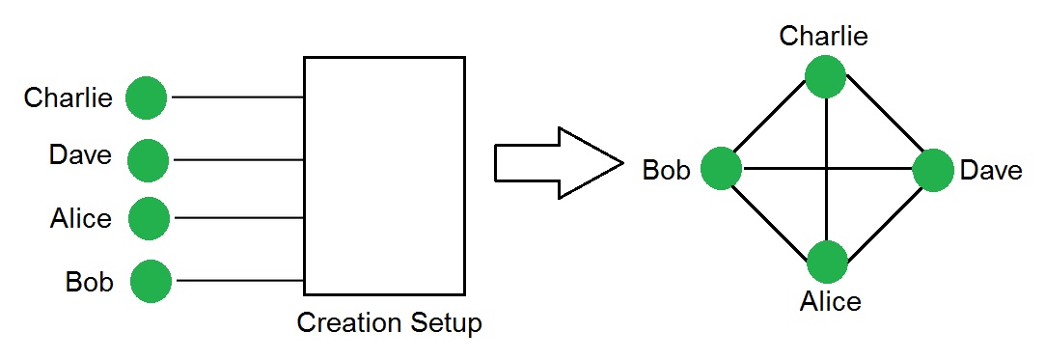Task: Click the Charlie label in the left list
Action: (x=68, y=97)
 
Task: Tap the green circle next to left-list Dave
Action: (x=148, y=160)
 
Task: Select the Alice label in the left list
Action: (x=80, y=219)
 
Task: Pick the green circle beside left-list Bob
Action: (x=151, y=281)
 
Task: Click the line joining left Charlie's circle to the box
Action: (x=236, y=97)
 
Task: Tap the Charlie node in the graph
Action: (x=825, y=77)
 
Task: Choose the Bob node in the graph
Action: (x=721, y=170)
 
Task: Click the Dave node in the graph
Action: (x=932, y=170)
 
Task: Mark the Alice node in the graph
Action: (x=827, y=262)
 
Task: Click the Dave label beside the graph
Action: (x=991, y=171)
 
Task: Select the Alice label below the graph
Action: (x=830, y=301)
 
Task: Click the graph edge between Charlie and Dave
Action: (x=879, y=124)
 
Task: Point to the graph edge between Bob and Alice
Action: (x=773, y=216)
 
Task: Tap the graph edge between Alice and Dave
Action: (x=881, y=215)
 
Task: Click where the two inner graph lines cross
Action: (x=827, y=170)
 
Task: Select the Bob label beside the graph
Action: (x=666, y=171)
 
